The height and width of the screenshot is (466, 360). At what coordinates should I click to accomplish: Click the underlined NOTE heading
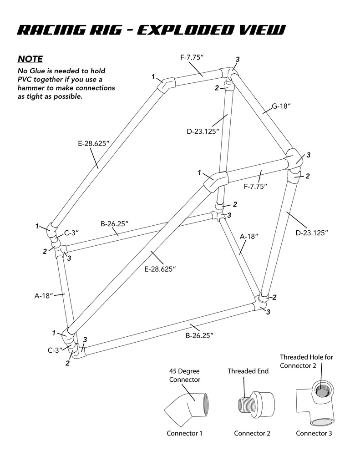[x=30, y=59]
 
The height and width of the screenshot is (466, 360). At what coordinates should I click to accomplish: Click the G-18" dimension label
[x=281, y=106]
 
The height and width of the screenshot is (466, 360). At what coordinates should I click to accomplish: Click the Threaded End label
[x=248, y=371]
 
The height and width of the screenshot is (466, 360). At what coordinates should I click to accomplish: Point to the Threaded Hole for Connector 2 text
[x=306, y=361]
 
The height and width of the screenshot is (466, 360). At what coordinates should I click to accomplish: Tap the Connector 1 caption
[x=184, y=433]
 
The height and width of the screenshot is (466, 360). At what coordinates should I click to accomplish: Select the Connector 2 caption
[x=252, y=433]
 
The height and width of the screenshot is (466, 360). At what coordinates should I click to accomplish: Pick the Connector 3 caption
[x=314, y=433]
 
